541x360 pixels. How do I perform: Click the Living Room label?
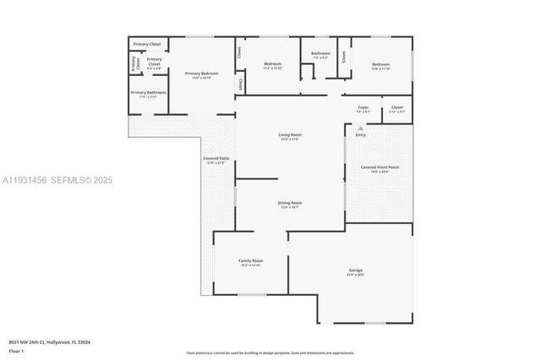point(290,135)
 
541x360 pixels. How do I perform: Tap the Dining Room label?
point(290,203)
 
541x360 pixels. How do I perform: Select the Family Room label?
point(250,261)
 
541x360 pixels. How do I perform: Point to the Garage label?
point(355,270)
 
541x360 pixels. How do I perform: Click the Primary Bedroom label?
point(201,74)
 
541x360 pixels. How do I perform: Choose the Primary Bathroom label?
point(148,93)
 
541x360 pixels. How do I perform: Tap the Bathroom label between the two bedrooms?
point(320,54)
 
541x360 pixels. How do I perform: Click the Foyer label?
point(363,107)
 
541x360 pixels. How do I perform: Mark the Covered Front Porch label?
point(380,167)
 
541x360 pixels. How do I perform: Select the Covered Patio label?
point(216,159)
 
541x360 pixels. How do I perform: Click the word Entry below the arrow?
point(361,135)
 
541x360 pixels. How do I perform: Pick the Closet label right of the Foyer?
point(396,107)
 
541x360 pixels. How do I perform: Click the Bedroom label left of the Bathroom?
point(272,64)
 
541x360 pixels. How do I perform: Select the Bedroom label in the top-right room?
point(380,64)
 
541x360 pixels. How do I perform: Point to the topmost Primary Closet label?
point(146,43)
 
